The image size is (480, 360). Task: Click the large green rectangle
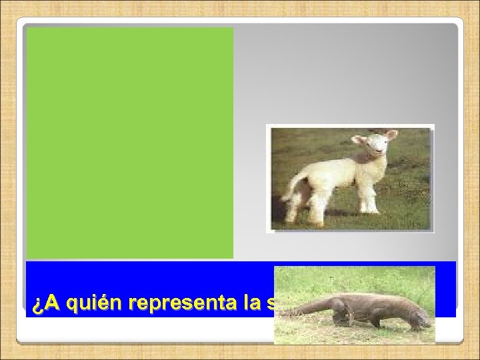point(130,143)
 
